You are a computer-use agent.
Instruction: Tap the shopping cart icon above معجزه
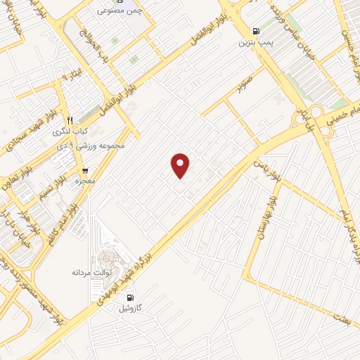click(85, 170)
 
